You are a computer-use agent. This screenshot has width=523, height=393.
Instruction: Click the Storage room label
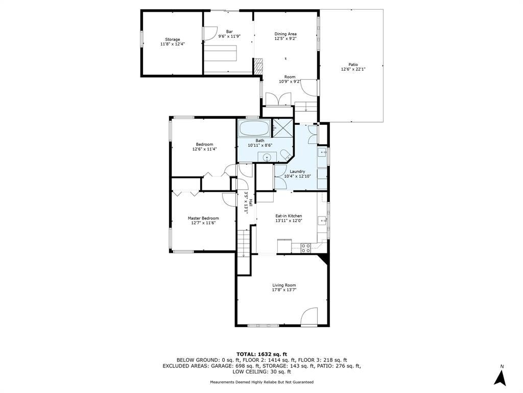tap(173, 39)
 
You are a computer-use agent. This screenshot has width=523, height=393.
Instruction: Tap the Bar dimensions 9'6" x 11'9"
tap(229, 36)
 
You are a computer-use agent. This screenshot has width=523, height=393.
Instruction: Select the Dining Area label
tap(286, 34)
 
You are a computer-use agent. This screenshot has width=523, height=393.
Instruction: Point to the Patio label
tap(353, 64)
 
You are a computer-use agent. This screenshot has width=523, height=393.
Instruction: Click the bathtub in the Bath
tap(253, 128)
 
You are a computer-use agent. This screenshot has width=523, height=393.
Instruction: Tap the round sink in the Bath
tap(267, 157)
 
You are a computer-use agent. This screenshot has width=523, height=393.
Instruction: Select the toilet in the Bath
tap(286, 156)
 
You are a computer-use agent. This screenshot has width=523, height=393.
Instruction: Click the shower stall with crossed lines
tap(283, 127)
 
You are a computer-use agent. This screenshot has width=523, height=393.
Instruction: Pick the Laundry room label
tap(298, 171)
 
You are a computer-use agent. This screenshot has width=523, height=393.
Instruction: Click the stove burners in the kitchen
tap(306, 248)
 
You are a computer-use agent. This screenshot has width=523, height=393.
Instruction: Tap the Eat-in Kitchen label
tap(289, 216)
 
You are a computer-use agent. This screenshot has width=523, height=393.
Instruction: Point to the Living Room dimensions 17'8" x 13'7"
tap(284, 290)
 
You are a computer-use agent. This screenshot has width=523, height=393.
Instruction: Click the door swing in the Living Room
tap(308, 316)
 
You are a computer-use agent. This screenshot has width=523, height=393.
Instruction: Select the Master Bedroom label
tap(203, 218)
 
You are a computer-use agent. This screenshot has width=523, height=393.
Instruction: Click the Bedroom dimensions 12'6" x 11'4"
tap(204, 149)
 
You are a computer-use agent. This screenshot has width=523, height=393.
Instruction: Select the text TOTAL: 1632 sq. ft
tap(261, 354)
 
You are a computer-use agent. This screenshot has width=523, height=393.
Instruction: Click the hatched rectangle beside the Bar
tap(258, 66)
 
